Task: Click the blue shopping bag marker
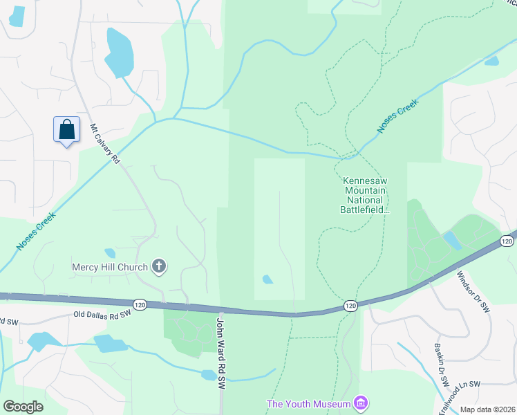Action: [66, 129]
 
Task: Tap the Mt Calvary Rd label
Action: [105, 144]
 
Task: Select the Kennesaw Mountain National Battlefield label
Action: [366, 195]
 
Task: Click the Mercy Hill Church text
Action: [110, 267]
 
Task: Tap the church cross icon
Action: [159, 266]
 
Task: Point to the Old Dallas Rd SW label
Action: [102, 315]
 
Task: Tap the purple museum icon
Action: [360, 403]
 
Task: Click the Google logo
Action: [23, 407]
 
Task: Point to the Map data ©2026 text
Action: [487, 409]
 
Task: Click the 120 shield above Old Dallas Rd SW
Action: [140, 304]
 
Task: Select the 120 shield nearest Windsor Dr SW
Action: [507, 241]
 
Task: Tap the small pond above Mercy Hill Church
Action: [110, 253]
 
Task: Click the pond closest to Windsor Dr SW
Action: [451, 240]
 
